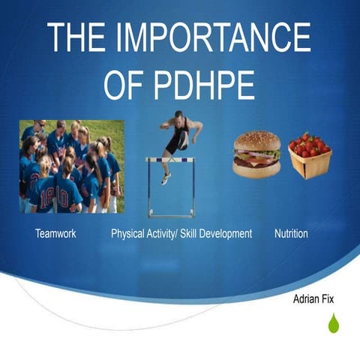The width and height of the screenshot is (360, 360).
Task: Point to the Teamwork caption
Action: [x=55, y=234]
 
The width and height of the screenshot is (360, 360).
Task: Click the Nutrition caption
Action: [x=291, y=234]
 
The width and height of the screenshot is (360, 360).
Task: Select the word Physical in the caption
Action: [x=129, y=234]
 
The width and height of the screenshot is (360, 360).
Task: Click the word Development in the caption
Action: [x=229, y=234]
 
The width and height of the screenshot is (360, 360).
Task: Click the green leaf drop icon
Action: [x=333, y=323]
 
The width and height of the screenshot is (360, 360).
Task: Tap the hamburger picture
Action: [x=256, y=155]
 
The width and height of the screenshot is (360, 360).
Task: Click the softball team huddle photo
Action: [x=71, y=166]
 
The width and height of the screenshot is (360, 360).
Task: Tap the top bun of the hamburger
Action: [x=256, y=142]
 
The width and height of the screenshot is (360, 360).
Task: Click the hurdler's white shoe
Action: [x=165, y=178]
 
